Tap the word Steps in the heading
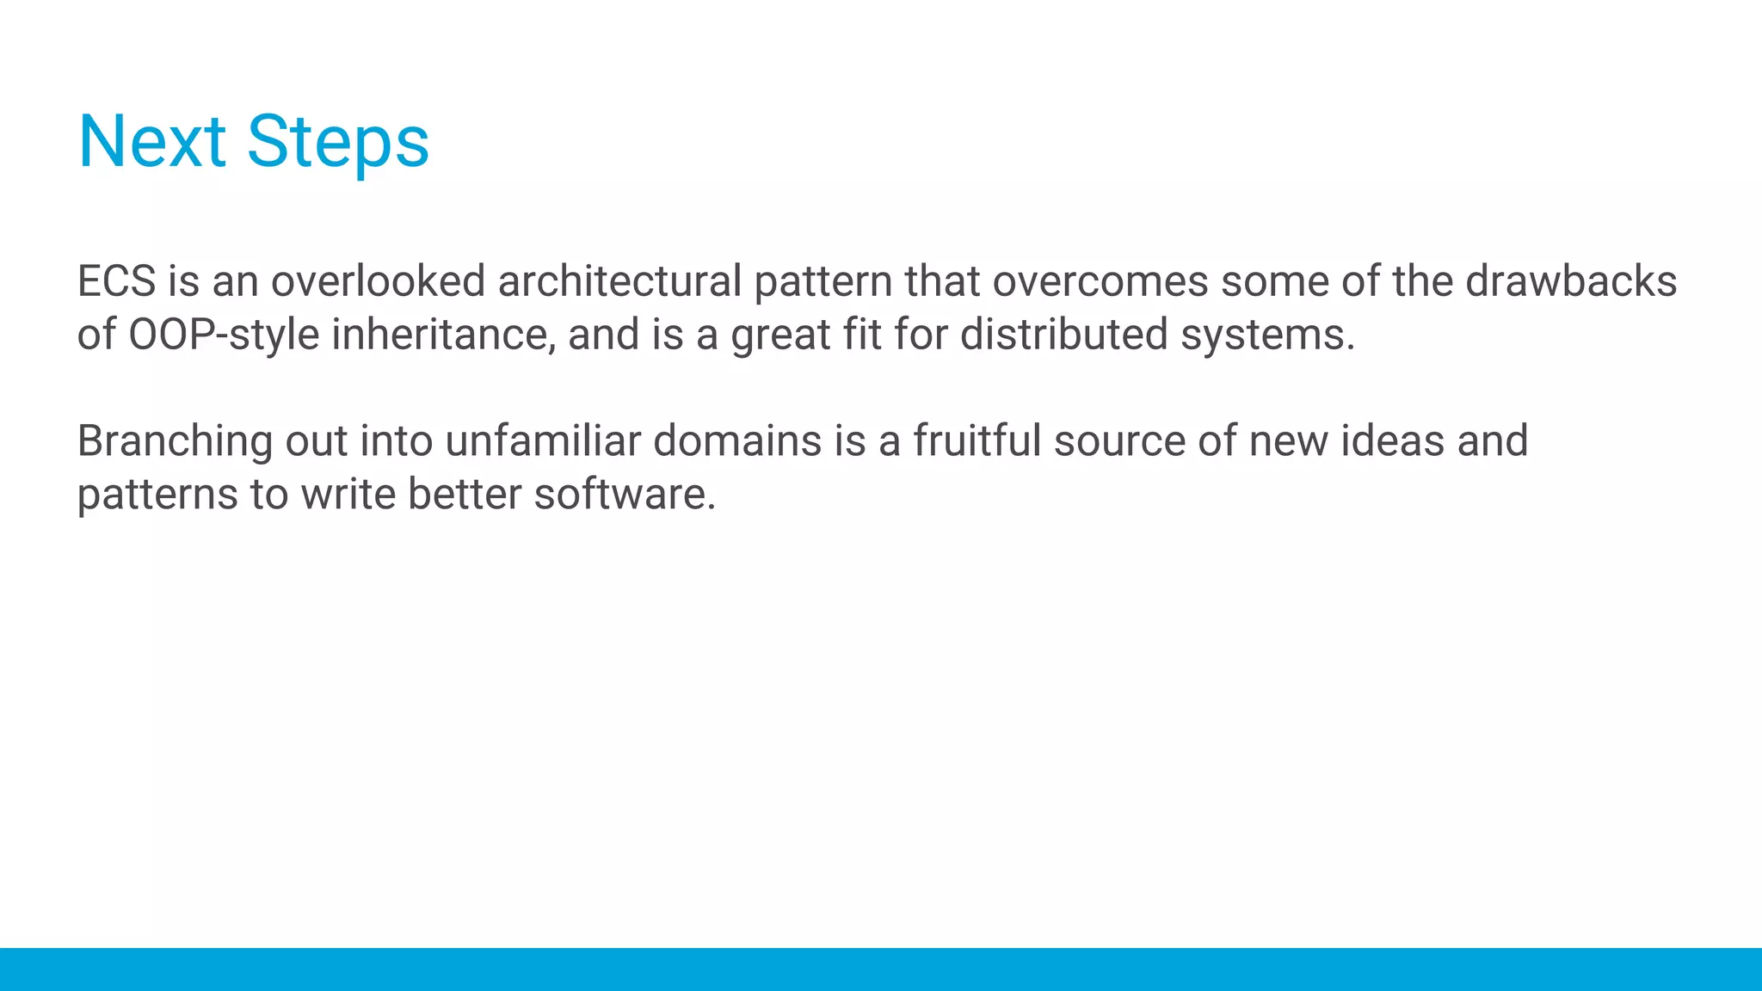338,143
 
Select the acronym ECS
117,281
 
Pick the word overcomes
1100,281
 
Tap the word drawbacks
1571,281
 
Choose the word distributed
1063,335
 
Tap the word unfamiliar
543,441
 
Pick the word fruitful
977,441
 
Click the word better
465,495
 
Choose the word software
625,495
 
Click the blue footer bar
881,969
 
